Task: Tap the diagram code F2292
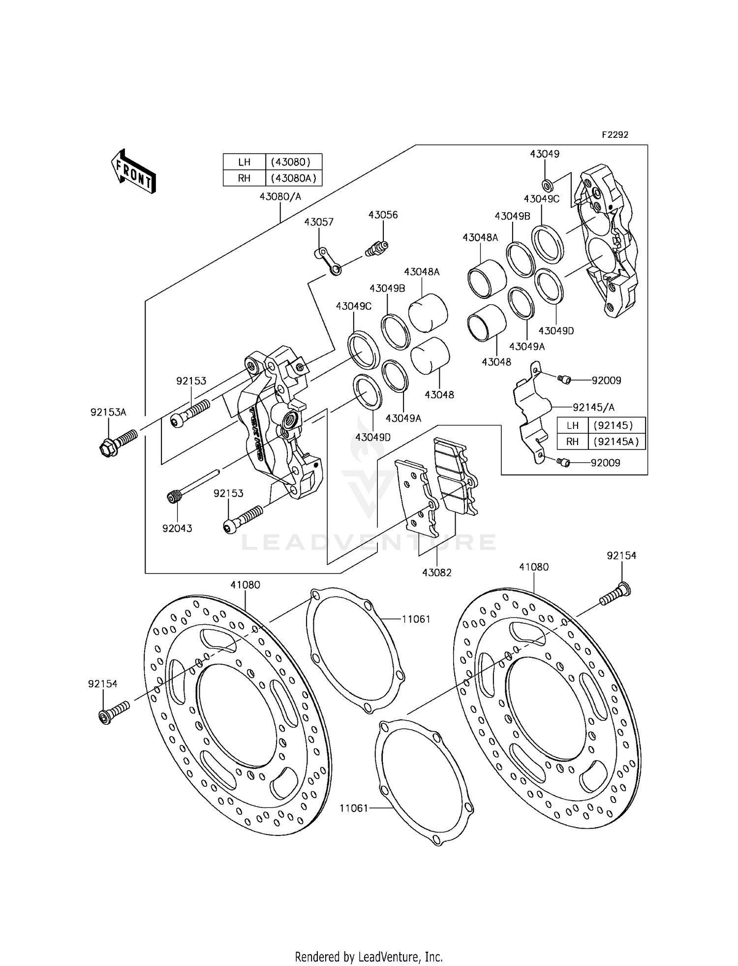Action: [615, 134]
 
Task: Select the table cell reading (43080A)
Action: [294, 178]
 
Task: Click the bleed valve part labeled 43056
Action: [377, 249]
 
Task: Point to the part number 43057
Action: [318, 222]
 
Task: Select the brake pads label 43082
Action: [436, 573]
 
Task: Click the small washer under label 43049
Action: [547, 185]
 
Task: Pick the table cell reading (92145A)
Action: [616, 442]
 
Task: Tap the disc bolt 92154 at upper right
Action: [615, 594]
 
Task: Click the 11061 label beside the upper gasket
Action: [416, 619]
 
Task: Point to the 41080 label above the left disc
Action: [245, 585]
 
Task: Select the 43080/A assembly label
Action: [280, 196]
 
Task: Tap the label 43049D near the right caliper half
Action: [556, 331]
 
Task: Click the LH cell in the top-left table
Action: [244, 162]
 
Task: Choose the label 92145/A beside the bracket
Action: [593, 408]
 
